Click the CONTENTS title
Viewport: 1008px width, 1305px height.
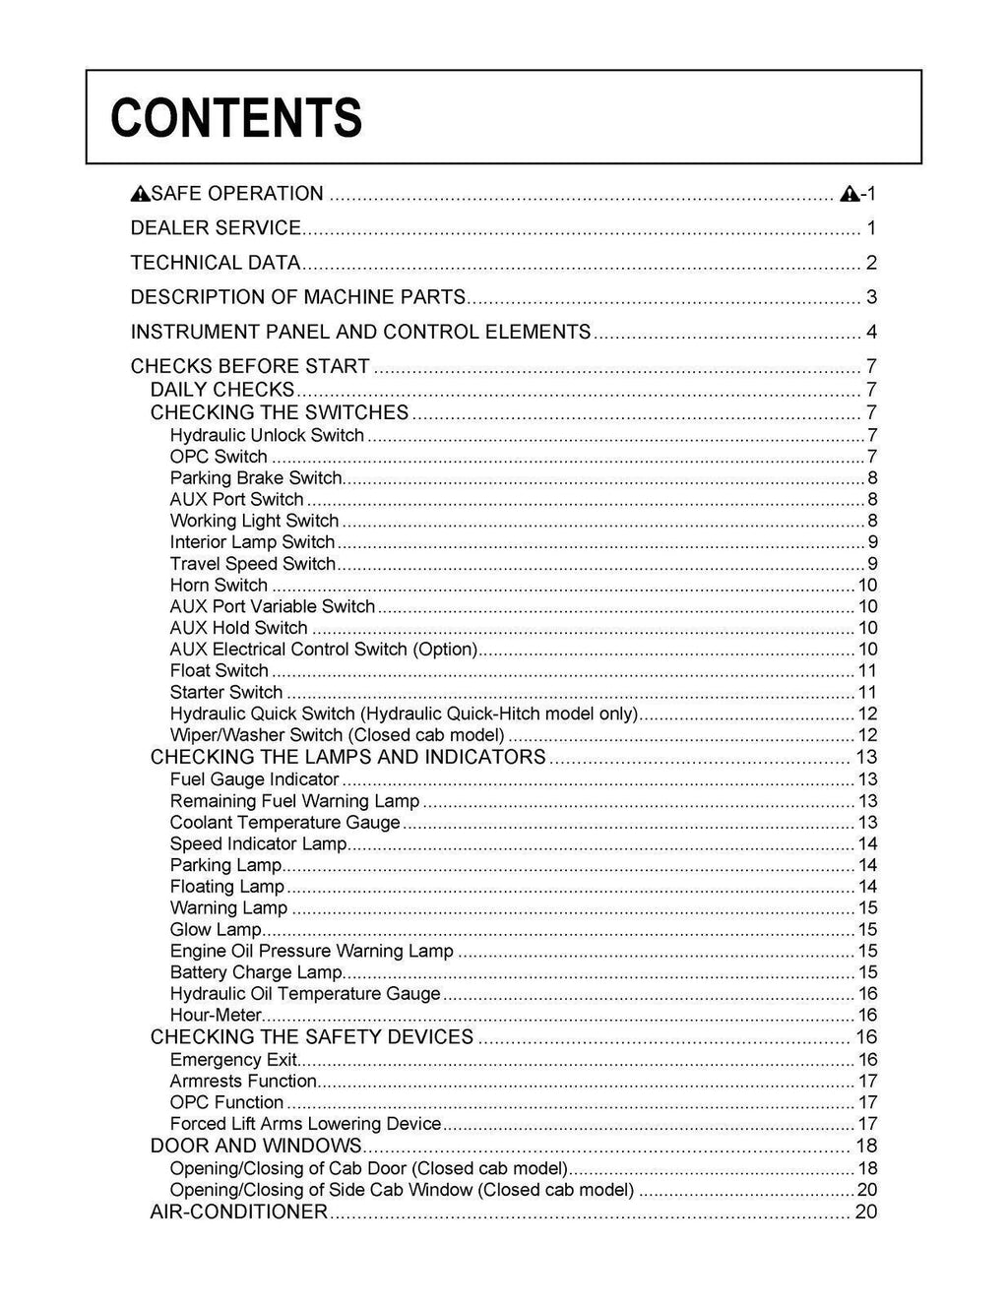pyautogui.click(x=236, y=118)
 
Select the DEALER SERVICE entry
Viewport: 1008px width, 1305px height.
pyautogui.click(x=216, y=228)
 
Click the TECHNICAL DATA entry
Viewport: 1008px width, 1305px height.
pyautogui.click(x=215, y=263)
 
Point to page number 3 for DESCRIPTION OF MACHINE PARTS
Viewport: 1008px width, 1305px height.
pyautogui.click(x=871, y=297)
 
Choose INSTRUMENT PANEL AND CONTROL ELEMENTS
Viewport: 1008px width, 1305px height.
pyautogui.click(x=360, y=332)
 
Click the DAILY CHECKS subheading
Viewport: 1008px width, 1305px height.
pyautogui.click(x=222, y=390)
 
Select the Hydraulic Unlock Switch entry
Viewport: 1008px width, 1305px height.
pyautogui.click(x=267, y=435)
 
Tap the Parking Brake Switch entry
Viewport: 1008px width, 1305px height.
pyautogui.click(x=256, y=478)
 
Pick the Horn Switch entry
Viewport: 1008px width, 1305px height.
pyautogui.click(x=219, y=586)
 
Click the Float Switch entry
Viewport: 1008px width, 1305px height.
pyautogui.click(x=219, y=671)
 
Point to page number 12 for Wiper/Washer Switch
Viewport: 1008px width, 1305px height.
pyautogui.click(x=867, y=735)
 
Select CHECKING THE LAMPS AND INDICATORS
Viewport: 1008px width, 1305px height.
pyautogui.click(x=347, y=757)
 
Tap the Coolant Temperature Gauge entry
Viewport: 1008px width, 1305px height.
pyautogui.click(x=284, y=823)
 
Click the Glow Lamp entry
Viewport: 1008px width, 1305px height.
pyautogui.click(x=216, y=930)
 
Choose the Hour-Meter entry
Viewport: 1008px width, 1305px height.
pyautogui.click(x=216, y=1016)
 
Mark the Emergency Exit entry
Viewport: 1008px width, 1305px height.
pyautogui.click(x=233, y=1060)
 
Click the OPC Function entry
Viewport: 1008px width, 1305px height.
pyautogui.click(x=226, y=1102)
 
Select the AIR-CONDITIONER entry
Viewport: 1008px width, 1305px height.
pyautogui.click(x=238, y=1212)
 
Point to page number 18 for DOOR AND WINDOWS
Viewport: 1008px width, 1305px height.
pyautogui.click(x=866, y=1146)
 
